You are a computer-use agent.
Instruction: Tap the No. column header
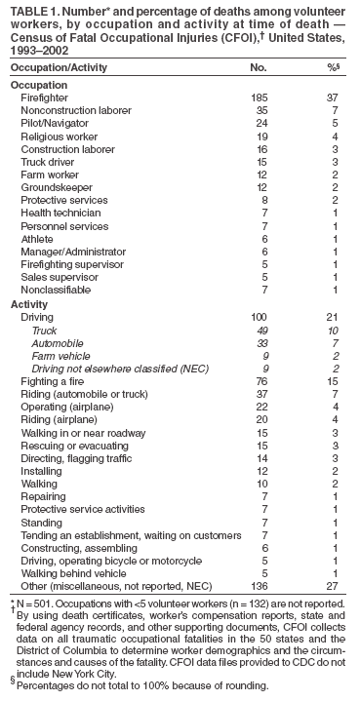click(x=258, y=69)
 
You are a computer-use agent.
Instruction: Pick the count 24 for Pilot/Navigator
click(x=260, y=126)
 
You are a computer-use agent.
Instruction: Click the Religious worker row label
click(x=54, y=139)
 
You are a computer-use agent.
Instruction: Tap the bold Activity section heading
click(x=28, y=304)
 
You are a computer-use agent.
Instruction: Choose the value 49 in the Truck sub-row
click(x=260, y=331)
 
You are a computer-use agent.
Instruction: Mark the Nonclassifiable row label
click(x=50, y=291)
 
